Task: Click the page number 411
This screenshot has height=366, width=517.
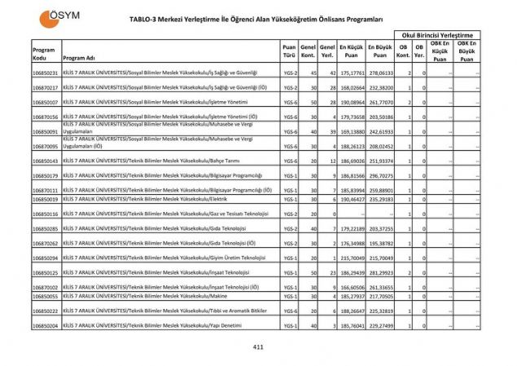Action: [x=259, y=346]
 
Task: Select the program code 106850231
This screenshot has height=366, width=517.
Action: [x=46, y=73]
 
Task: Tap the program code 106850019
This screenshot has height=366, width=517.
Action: [x=46, y=199]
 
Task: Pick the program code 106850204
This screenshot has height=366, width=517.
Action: [x=46, y=325]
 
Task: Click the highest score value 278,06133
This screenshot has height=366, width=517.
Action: [x=380, y=73]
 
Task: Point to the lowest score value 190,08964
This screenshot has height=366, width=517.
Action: [x=351, y=102]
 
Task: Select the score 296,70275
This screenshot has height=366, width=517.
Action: [x=380, y=175]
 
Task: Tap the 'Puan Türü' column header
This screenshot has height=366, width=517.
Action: [x=289, y=51]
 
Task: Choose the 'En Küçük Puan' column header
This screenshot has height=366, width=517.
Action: [x=351, y=51]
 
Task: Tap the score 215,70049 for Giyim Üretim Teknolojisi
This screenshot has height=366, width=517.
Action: [x=351, y=258]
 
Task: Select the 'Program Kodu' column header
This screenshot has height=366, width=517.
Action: [x=44, y=54]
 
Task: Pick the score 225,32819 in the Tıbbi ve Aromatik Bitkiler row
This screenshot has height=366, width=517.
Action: [x=380, y=311]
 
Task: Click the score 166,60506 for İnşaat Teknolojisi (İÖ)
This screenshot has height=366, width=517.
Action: [x=351, y=287]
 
